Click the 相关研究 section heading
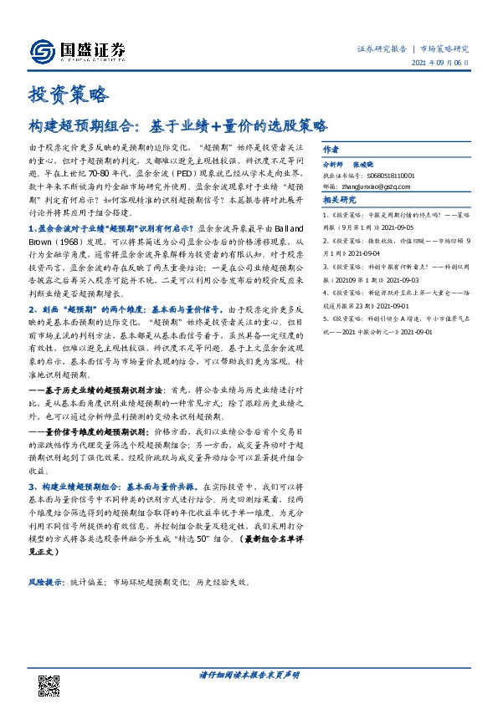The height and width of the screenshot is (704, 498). pos(340,201)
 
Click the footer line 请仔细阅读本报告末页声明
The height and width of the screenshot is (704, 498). pos(249,674)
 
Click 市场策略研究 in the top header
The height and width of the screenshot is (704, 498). pos(444,48)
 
